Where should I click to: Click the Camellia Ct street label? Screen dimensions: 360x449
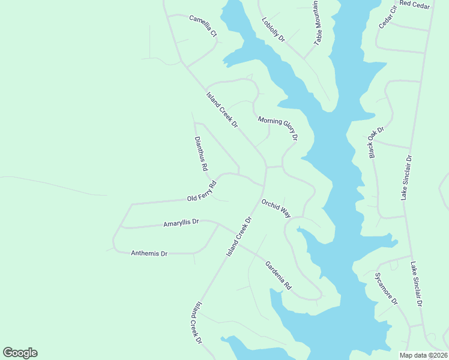pos(203,26)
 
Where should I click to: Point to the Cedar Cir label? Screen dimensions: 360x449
pos(388,17)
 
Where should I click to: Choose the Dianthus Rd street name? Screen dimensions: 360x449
pos(200,154)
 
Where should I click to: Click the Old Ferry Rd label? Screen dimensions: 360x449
pos(201,191)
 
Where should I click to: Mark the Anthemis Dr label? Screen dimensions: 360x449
pos(149,253)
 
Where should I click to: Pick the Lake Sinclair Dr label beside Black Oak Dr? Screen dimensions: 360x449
pos(406,178)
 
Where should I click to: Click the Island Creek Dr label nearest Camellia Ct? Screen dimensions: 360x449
pos(222,109)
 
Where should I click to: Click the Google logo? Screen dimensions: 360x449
pos(20,353)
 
